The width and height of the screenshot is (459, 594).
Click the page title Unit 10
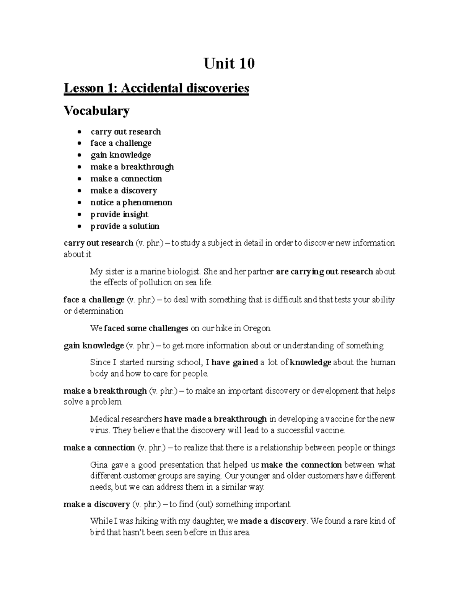(x=229, y=63)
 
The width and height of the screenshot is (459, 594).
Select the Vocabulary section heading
(x=96, y=111)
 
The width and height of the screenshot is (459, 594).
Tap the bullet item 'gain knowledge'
(x=120, y=155)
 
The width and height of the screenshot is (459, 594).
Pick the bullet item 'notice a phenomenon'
(x=131, y=202)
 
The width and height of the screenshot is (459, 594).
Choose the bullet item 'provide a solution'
(x=125, y=226)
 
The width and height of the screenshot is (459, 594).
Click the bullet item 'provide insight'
(x=119, y=214)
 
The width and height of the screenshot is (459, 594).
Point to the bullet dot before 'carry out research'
(x=79, y=132)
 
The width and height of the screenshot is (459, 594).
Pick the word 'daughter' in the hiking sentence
(x=210, y=521)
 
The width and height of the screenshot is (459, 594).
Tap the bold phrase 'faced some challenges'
(x=146, y=328)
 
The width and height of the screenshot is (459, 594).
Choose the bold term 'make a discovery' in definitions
(x=97, y=504)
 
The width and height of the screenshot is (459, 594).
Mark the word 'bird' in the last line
(x=97, y=532)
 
